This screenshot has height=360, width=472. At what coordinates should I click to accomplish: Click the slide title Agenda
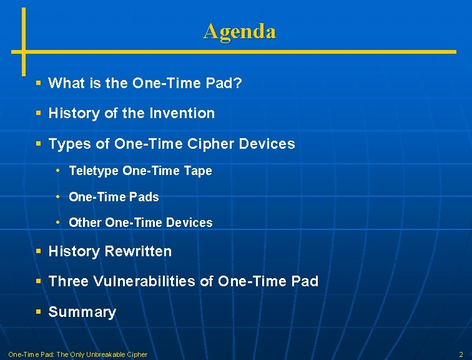[239, 31]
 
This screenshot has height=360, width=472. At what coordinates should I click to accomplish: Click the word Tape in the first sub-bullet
[198, 171]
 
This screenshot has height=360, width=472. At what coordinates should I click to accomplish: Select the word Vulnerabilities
[144, 281]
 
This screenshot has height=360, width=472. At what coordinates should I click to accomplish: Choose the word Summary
[82, 312]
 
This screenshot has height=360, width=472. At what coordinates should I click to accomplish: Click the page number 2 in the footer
[461, 354]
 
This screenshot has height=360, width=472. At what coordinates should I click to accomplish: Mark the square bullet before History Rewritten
[39, 251]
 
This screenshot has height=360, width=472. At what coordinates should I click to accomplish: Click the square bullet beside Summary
[39, 312]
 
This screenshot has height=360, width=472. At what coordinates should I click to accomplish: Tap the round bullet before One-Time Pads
[57, 197]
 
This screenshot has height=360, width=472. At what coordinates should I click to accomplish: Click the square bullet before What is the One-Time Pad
[39, 82]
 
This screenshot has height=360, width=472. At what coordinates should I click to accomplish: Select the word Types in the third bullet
[69, 144]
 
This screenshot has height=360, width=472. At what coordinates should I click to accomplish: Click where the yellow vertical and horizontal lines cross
[24, 51]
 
